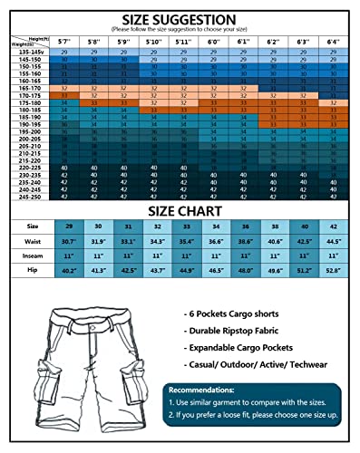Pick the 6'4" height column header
333,41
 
